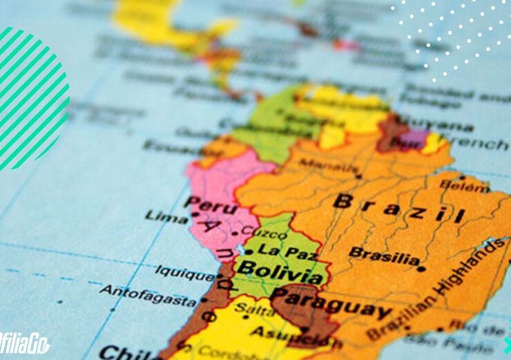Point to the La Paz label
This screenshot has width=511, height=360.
[280, 249]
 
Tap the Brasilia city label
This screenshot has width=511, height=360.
[384, 256]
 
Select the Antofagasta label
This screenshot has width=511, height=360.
[148, 296]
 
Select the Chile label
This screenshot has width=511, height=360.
[122, 352]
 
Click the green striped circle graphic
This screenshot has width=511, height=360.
[31, 97]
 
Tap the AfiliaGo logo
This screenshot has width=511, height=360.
[24, 345]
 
